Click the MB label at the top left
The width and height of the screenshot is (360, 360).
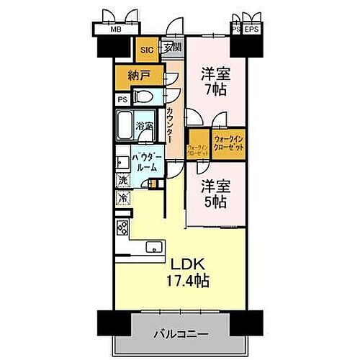point(114,30)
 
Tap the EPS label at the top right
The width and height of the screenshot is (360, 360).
point(251,30)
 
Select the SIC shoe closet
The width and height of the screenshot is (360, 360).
point(146,50)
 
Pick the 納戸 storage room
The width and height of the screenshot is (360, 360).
point(138,74)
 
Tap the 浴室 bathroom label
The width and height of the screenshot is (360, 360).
point(145,127)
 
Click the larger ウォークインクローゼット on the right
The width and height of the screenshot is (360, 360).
point(229,142)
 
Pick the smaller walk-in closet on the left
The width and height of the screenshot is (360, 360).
point(198,149)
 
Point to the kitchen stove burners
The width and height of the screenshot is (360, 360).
point(122,229)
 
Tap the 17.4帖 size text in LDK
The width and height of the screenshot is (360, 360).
point(189,282)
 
